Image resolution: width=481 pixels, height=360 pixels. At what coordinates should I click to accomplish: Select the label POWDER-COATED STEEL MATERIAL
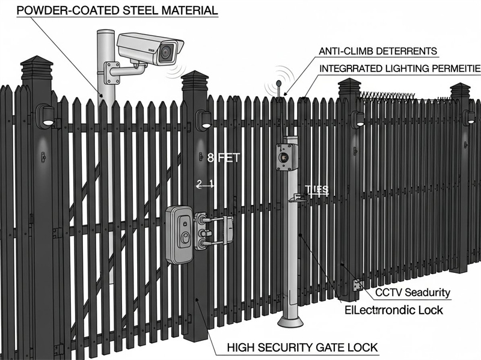tap(109, 11)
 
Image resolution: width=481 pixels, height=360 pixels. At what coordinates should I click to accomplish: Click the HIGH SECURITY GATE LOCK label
tap(302, 347)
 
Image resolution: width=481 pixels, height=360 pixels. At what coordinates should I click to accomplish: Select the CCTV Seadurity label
tap(412, 293)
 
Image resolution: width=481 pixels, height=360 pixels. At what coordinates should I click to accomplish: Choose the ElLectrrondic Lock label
tap(393, 310)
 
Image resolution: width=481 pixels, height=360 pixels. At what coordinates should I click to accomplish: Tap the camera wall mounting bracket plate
tap(111, 73)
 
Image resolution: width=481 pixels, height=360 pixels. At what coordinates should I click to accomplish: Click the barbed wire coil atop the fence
tap(391, 94)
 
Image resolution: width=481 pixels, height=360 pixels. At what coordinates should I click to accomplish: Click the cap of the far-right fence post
tap(460, 90)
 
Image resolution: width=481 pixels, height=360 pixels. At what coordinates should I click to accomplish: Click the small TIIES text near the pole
tap(316, 189)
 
